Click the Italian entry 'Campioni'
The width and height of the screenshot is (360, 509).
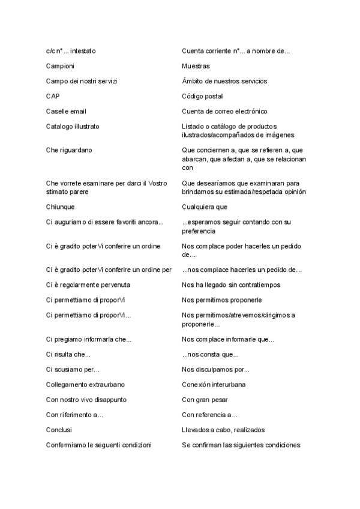click(60, 66)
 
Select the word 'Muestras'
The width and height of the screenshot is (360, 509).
click(196, 66)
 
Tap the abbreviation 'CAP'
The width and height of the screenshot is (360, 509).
click(53, 96)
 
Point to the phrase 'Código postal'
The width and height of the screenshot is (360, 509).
click(202, 96)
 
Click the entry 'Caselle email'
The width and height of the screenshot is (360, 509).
click(66, 111)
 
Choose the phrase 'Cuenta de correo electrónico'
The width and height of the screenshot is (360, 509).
click(224, 111)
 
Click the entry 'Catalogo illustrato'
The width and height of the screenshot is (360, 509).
click(73, 127)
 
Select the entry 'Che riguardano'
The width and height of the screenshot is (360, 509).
click(69, 149)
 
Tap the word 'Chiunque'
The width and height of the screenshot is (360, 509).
click(60, 207)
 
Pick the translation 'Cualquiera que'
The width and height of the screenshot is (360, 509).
click(205, 207)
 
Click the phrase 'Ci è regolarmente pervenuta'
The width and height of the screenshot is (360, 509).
click(88, 285)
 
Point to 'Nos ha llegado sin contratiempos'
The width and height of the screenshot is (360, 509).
click(231, 285)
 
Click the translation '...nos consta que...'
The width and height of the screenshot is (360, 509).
click(210, 354)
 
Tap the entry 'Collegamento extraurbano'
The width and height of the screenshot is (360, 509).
click(86, 384)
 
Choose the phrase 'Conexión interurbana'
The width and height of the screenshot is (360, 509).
click(214, 384)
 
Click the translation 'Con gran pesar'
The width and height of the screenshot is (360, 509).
click(205, 399)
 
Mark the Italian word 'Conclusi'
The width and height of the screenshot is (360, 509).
click(59, 430)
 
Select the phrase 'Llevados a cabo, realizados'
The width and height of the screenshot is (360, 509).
click(223, 430)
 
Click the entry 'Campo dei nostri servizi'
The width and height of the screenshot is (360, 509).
click(81, 81)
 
